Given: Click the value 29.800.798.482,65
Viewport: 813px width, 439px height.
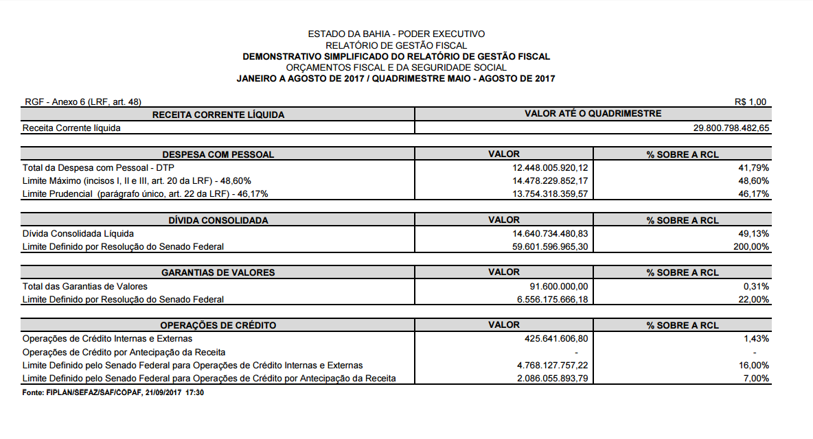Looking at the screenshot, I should (731, 128).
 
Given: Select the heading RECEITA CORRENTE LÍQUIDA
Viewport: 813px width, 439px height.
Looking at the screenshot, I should (218, 115).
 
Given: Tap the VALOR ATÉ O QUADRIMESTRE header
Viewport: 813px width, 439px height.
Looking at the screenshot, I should (593, 114).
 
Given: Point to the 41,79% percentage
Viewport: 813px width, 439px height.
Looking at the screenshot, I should (754, 167).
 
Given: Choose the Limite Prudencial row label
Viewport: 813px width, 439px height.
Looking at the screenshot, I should (145, 193).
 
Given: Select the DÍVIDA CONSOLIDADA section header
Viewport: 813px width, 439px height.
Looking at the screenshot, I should (218, 220).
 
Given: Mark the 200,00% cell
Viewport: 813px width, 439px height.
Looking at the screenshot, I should (751, 246).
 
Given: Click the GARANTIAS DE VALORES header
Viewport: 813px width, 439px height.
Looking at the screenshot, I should (218, 272).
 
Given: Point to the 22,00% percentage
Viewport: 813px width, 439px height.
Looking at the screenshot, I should (754, 299).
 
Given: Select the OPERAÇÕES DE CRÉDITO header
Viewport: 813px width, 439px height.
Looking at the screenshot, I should (218, 325).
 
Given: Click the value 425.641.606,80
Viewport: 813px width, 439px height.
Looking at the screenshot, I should (551, 339).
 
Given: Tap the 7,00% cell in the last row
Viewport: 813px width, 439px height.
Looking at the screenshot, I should (756, 378).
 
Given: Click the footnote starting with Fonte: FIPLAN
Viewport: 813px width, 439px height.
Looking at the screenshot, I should (113, 392).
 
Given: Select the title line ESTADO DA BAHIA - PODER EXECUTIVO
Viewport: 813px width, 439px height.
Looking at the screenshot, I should (396, 34).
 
